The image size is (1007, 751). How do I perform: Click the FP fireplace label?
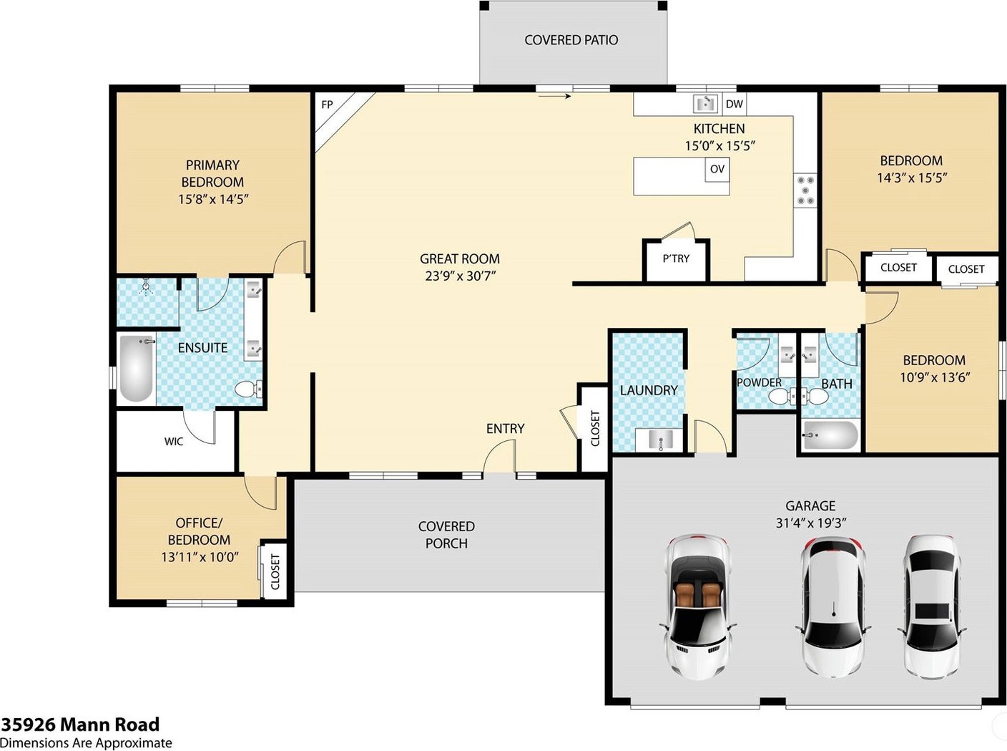[327, 105]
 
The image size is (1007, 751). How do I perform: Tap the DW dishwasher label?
[734, 104]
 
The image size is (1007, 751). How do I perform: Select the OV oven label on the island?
[717, 169]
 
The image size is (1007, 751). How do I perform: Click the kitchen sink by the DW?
[705, 104]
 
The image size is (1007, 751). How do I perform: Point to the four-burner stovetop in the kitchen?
[805, 190]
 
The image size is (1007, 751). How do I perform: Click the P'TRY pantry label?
[676, 258]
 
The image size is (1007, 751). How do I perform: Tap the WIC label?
[174, 442]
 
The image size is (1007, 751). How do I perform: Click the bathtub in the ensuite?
[137, 368]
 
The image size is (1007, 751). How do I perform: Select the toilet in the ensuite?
[248, 389]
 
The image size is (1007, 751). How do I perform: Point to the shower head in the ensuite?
[146, 286]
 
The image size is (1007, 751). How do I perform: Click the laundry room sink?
[659, 440]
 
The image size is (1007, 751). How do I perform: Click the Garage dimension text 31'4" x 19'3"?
[811, 523]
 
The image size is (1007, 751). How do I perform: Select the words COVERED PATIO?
[571, 40]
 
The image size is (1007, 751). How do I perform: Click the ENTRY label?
[506, 428]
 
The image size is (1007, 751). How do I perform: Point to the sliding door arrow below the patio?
[554, 96]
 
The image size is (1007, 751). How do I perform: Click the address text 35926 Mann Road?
[80, 725]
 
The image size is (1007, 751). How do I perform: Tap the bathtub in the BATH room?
[830, 436]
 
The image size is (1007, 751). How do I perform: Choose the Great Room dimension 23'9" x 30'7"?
[460, 276]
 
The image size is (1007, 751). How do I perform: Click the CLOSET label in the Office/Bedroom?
[275, 572]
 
